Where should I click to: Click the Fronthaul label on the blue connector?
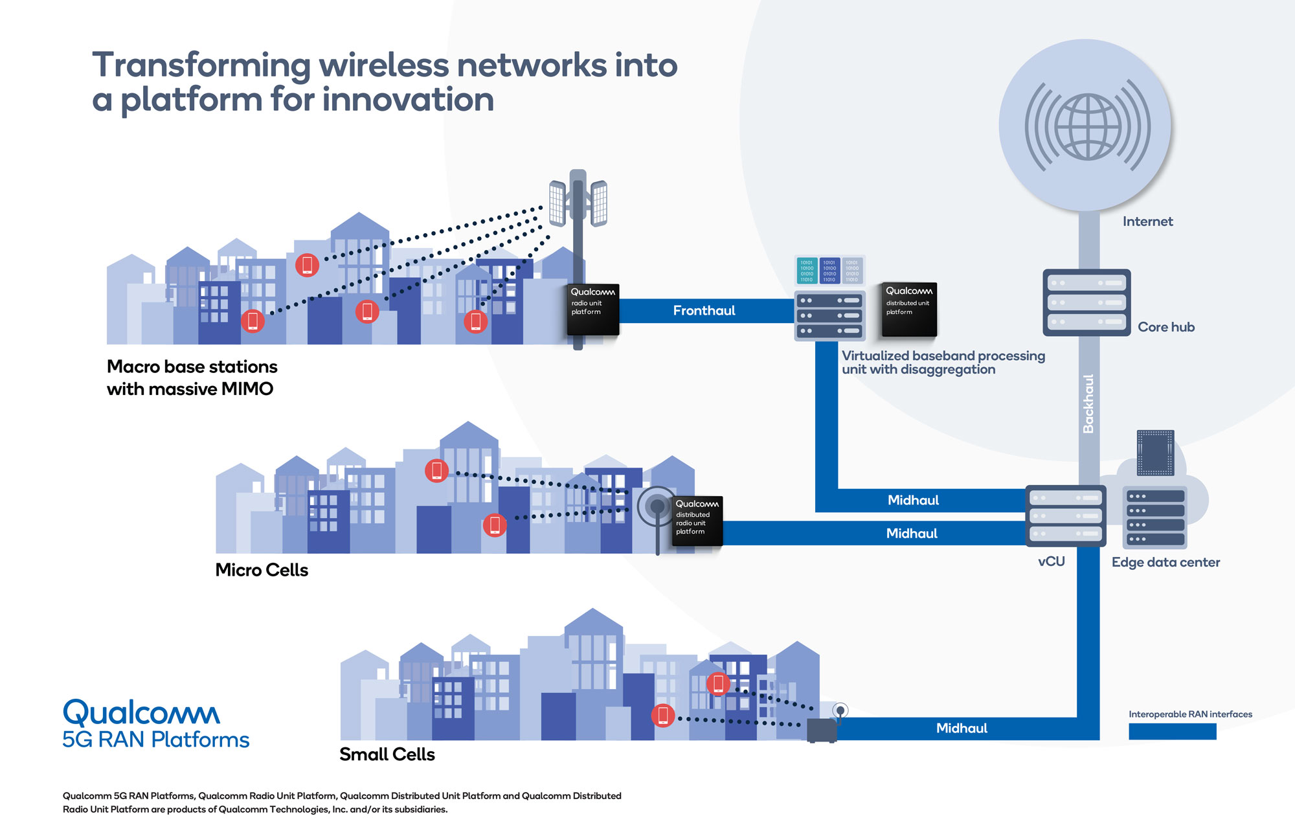coord(704,311)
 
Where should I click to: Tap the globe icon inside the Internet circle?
coord(1088,127)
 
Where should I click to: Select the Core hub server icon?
coord(1087,302)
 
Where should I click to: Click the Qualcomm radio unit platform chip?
coord(593,309)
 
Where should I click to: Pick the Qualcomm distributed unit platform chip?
coord(908,309)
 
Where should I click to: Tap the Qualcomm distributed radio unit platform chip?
coord(697,521)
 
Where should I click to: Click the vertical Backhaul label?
coord(1088,403)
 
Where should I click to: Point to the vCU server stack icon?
coord(1066,515)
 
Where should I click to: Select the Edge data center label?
coord(1165,562)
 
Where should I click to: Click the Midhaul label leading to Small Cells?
coord(962,729)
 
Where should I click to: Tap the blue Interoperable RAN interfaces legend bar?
coord(1172,732)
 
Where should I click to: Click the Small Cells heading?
coord(387,754)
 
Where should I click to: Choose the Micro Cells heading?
coord(262,570)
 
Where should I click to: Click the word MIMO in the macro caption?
coord(247,389)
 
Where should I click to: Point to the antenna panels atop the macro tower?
coord(578,201)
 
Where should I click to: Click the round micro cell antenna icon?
coord(657,506)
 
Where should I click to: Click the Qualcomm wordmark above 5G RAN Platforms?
coord(141,712)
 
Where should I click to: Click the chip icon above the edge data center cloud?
coord(1155,453)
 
